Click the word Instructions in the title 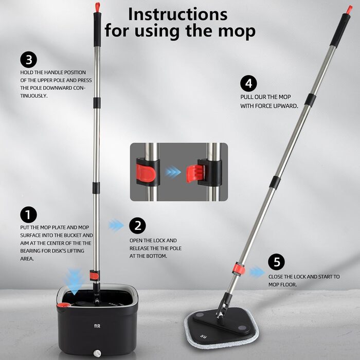[x=177, y=13]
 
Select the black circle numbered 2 [x=137, y=225]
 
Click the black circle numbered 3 [x=29, y=58]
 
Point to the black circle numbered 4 [x=248, y=84]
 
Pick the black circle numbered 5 [x=277, y=262]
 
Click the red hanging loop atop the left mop [x=96, y=6]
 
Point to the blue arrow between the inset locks [x=174, y=172]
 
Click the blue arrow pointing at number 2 [x=117, y=225]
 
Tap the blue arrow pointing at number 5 [x=257, y=272]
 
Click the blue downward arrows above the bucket [x=76, y=280]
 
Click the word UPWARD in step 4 [x=286, y=106]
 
